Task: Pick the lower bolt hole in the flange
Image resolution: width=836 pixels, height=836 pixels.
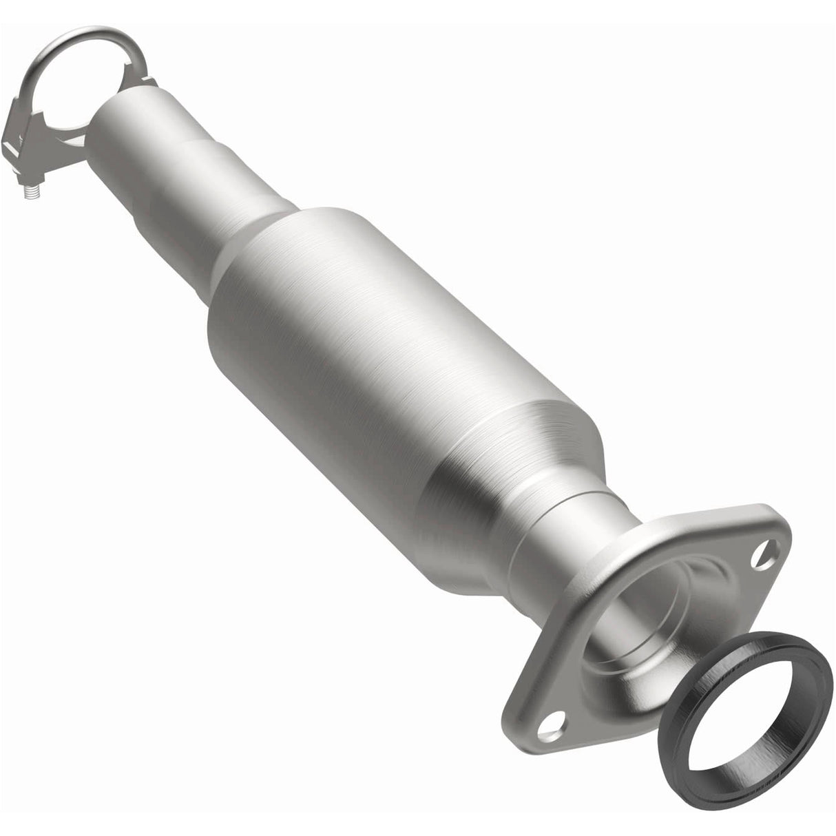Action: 551,723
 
